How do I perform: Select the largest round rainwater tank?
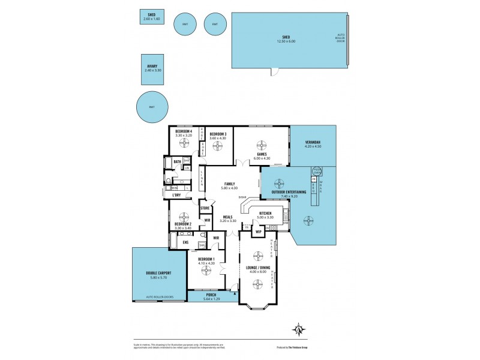(x=152, y=107)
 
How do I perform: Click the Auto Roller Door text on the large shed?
(x=340, y=38)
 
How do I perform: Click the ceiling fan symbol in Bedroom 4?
(x=184, y=144)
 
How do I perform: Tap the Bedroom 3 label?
(x=217, y=134)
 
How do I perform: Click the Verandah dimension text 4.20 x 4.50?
(x=313, y=146)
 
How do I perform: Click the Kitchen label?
(x=266, y=213)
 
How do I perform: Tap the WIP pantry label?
(x=259, y=231)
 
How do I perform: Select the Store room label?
(x=205, y=208)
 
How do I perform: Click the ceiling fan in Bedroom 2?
(x=183, y=217)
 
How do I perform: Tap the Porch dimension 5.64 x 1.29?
(x=211, y=298)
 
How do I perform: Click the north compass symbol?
(x=298, y=329)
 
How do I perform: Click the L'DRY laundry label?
(x=176, y=195)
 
